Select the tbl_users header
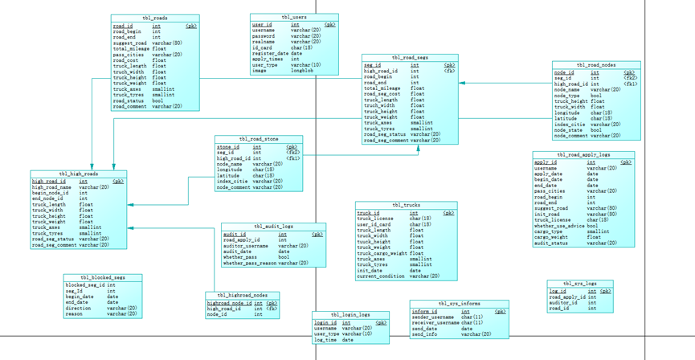point(294,17)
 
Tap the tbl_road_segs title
point(410,58)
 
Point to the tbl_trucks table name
point(406,206)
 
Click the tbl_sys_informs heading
point(459,304)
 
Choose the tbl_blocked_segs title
point(103,278)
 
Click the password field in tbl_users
point(264,36)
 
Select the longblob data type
point(302,71)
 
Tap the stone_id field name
point(228,147)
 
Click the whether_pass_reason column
point(250,263)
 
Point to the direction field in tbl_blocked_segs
point(79,308)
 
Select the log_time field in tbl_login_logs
point(325,340)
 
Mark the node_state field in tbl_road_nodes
point(569,130)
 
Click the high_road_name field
point(52,187)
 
